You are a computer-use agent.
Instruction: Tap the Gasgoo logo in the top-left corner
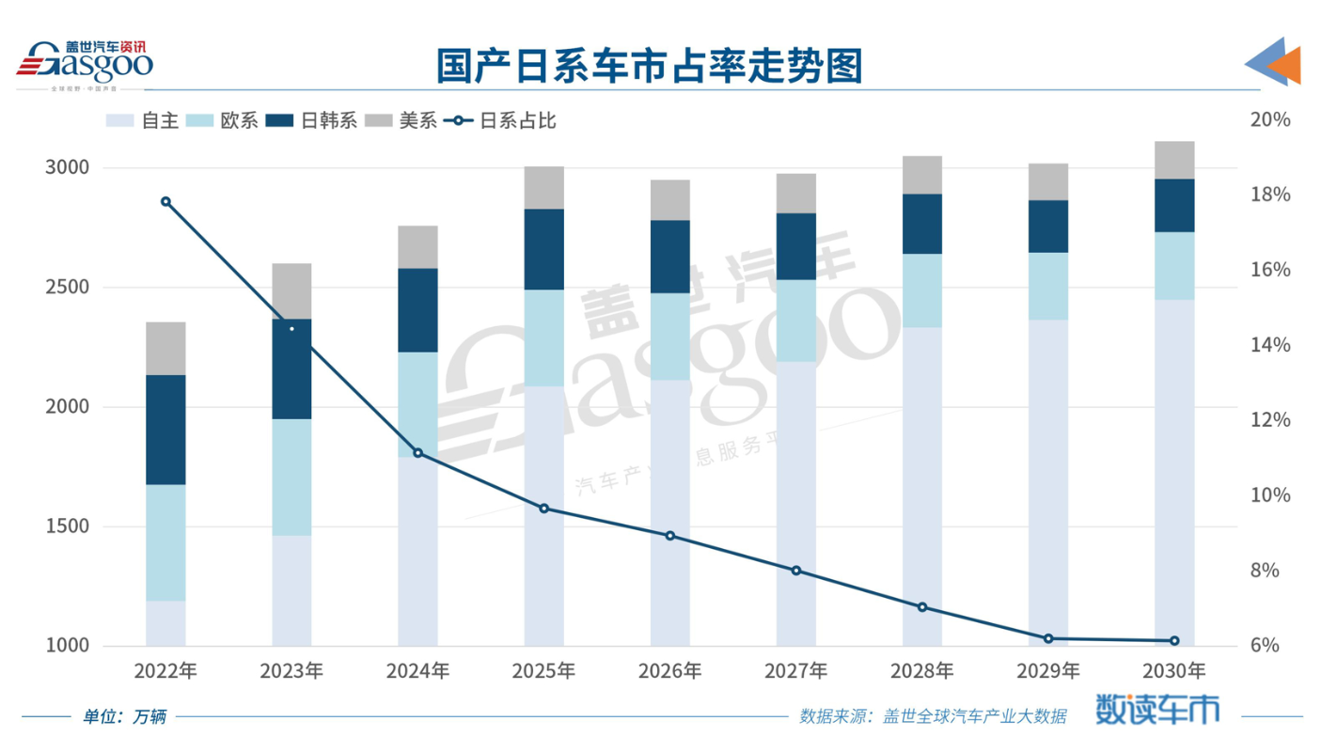85,64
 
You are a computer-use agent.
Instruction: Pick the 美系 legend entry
403,120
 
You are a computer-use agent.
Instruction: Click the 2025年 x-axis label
543,671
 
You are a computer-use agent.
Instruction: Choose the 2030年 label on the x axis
1173,671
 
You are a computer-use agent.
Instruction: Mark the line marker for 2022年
165,201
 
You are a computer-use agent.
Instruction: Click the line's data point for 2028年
922,607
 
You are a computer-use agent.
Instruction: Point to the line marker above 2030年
1174,641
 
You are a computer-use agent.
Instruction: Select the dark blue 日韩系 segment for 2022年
165,430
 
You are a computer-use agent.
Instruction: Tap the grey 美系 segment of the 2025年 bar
543,188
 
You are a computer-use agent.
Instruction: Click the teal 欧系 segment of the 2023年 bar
291,478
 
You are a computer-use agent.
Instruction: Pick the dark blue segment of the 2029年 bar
1048,226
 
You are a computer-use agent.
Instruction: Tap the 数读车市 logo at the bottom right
1156,711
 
